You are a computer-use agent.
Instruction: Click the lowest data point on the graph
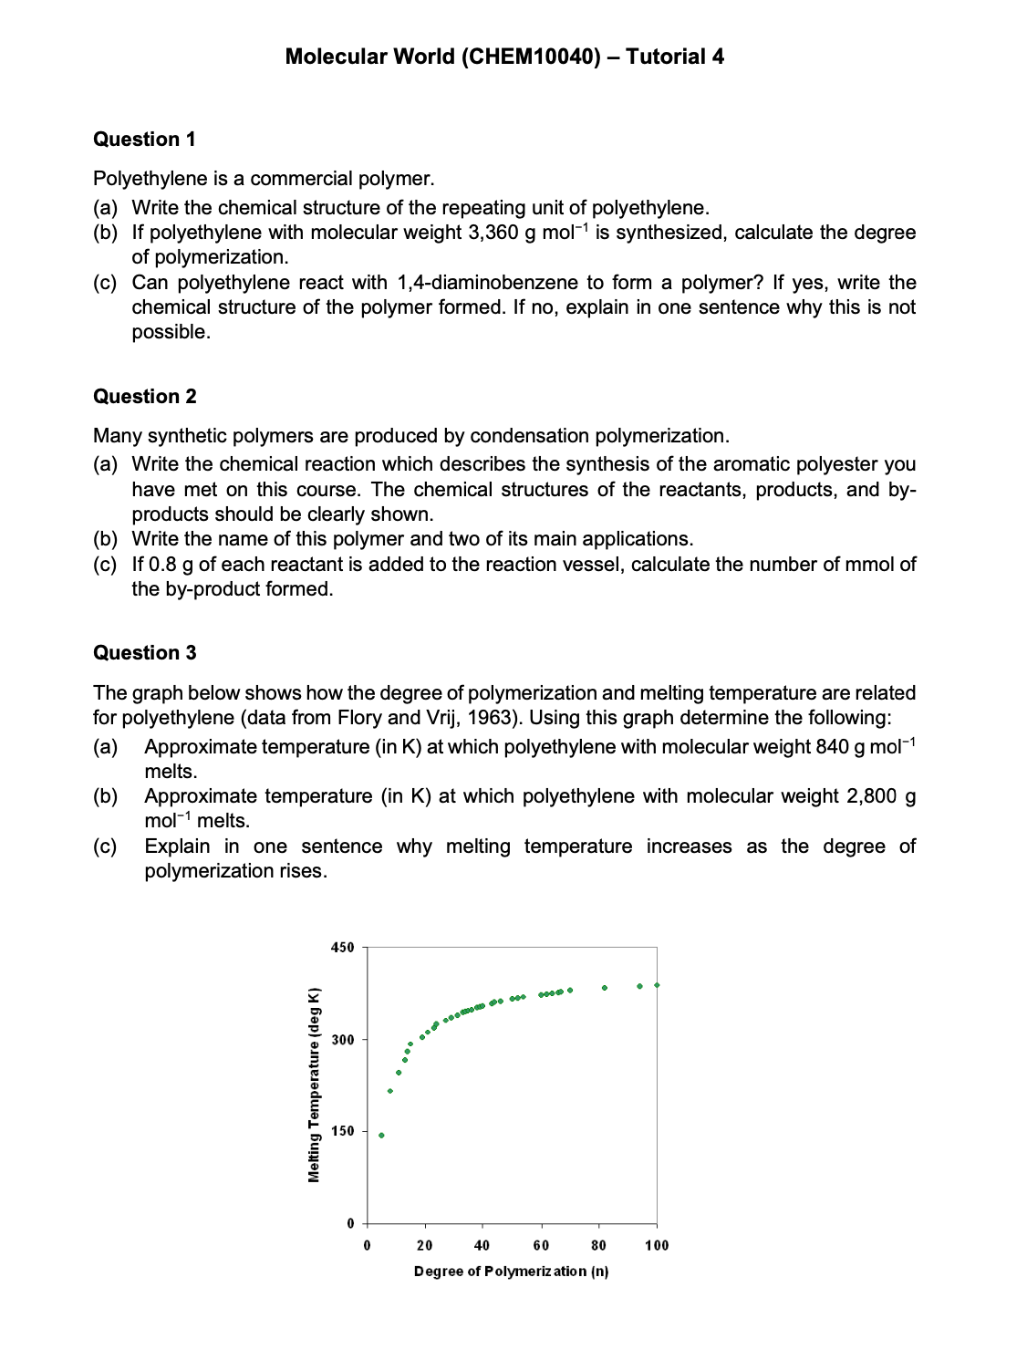381,1136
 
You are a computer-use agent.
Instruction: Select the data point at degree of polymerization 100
657,985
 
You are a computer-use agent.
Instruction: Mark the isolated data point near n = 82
605,988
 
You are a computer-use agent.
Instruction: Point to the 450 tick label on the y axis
342,948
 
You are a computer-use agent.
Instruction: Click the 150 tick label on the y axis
342,1131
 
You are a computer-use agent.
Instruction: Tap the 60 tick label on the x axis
541,1246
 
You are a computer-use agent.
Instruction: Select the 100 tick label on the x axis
657,1246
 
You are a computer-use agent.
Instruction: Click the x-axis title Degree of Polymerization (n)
511,1272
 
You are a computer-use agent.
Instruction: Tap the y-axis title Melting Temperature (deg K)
314,1085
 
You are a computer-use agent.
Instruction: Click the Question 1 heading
144,140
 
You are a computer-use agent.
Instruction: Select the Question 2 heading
144,397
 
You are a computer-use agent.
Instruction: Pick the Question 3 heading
144,653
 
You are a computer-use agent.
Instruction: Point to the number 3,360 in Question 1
493,233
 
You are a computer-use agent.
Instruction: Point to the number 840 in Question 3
833,747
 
